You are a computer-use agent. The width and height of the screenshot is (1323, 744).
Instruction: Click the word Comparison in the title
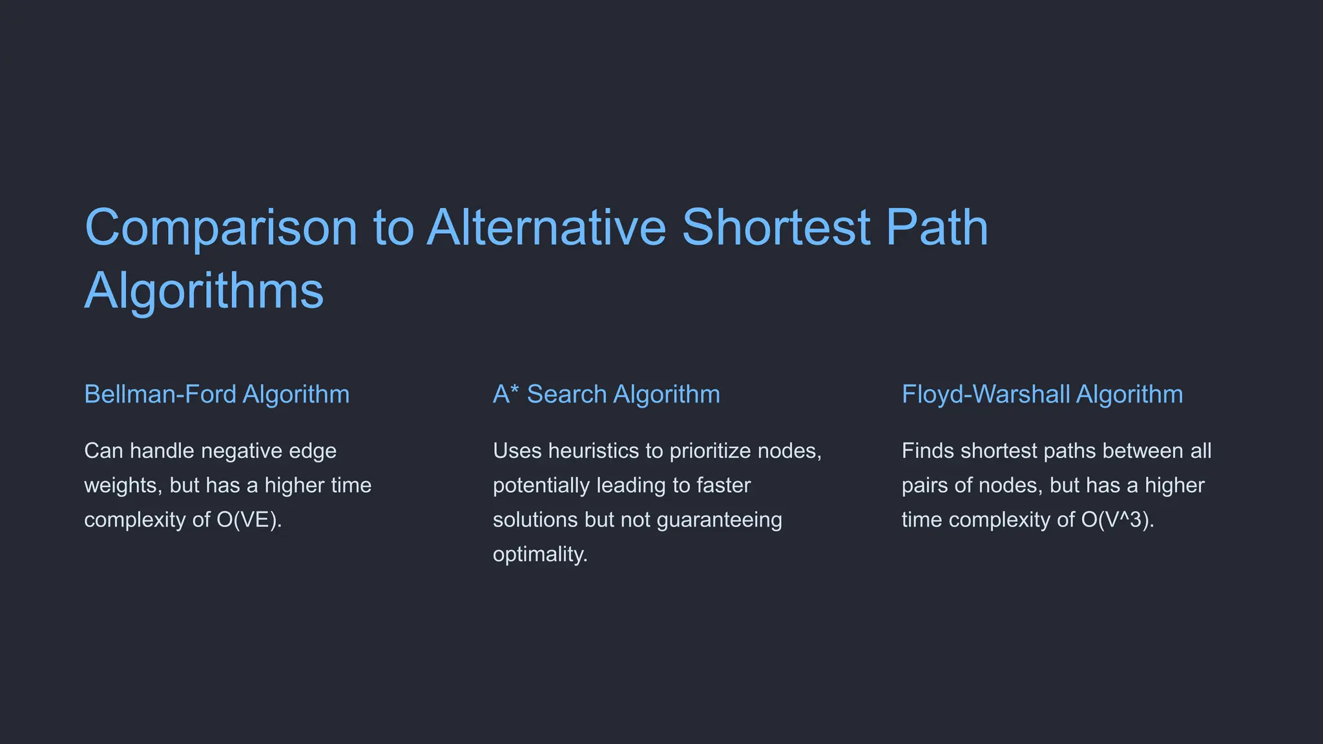point(221,228)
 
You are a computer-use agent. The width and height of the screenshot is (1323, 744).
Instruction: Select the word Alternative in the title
point(546,228)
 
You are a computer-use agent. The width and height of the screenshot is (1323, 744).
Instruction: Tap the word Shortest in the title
point(776,228)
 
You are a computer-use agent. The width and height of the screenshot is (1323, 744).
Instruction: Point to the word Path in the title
point(937,228)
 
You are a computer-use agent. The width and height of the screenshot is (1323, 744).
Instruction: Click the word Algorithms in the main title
point(204,291)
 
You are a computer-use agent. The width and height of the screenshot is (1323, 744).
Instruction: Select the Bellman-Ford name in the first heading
point(160,394)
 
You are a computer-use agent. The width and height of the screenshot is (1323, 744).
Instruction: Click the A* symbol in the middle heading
point(505,393)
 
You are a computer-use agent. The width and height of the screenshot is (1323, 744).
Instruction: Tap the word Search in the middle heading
point(567,394)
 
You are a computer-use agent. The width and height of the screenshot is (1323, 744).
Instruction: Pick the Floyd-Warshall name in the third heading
point(986,394)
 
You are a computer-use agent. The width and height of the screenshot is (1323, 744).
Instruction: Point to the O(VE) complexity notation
point(249,520)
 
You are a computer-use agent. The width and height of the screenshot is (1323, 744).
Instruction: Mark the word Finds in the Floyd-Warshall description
point(928,451)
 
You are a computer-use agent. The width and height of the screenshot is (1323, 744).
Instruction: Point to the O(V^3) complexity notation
point(1117,520)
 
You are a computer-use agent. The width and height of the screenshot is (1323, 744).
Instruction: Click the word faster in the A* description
point(724,486)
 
